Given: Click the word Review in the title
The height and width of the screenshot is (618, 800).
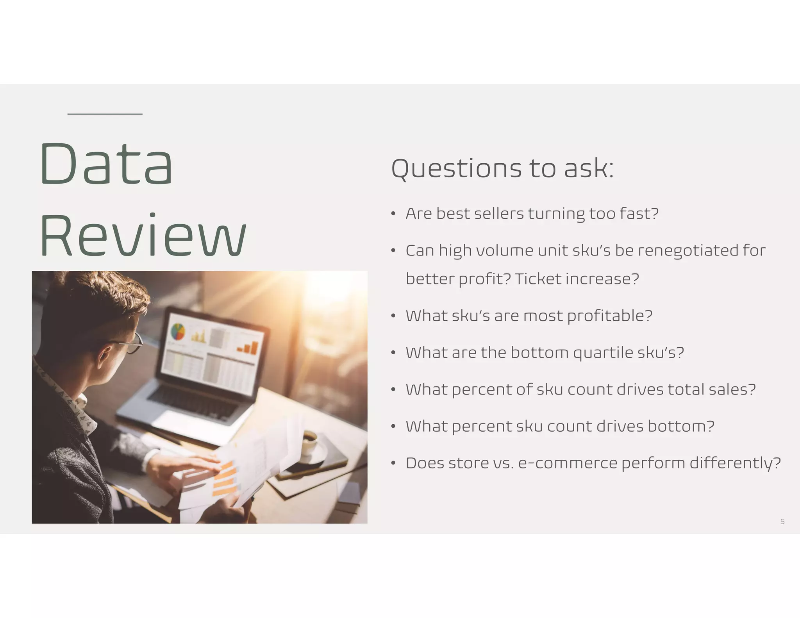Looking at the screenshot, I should (143, 236).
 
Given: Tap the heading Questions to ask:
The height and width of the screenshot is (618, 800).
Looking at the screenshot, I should (502, 169).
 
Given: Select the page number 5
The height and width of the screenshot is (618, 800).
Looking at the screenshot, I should (782, 522).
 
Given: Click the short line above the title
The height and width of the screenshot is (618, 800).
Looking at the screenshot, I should (105, 114).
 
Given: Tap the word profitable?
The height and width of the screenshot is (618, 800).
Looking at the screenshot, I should (610, 316).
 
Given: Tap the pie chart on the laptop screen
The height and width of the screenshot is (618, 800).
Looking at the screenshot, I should (178, 332).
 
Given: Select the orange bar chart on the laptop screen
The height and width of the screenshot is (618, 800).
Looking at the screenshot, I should (248, 348).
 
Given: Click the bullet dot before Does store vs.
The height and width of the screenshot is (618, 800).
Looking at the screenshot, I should (394, 463).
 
